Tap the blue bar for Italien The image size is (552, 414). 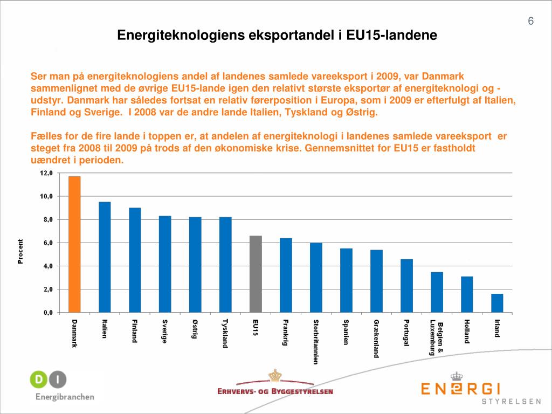coord(105,257)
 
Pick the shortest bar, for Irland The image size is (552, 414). coord(497,303)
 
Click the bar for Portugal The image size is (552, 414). coord(406,286)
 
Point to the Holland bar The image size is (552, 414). coord(467,294)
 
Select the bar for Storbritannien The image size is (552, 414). coord(316,278)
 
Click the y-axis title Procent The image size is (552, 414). coord(20,251)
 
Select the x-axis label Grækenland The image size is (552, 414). coord(376,339)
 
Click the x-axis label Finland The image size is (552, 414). coord(135,331)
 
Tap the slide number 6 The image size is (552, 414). coord(531,22)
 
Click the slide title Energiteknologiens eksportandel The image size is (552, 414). coord(278,36)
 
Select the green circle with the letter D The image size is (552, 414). coord(39,380)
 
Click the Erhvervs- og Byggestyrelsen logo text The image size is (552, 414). coord(275,391)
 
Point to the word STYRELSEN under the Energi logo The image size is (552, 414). coord(510,402)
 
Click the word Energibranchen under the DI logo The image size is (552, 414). coord(65,397)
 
